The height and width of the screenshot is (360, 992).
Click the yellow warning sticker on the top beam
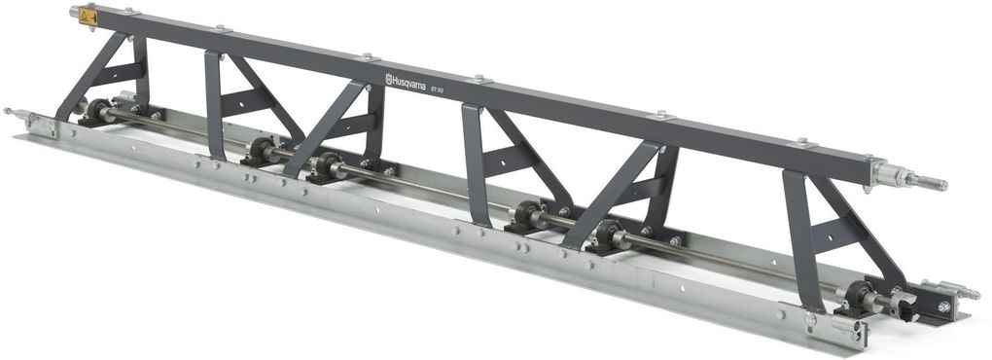click(x=89, y=17)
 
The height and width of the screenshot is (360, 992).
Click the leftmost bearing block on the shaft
click(x=97, y=111)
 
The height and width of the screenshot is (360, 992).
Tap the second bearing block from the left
click(x=261, y=151)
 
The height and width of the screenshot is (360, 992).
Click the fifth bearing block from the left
click(x=609, y=234)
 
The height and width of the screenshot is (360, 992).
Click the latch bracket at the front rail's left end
click(x=34, y=123)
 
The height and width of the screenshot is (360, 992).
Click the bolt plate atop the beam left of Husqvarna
click(x=368, y=57)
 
